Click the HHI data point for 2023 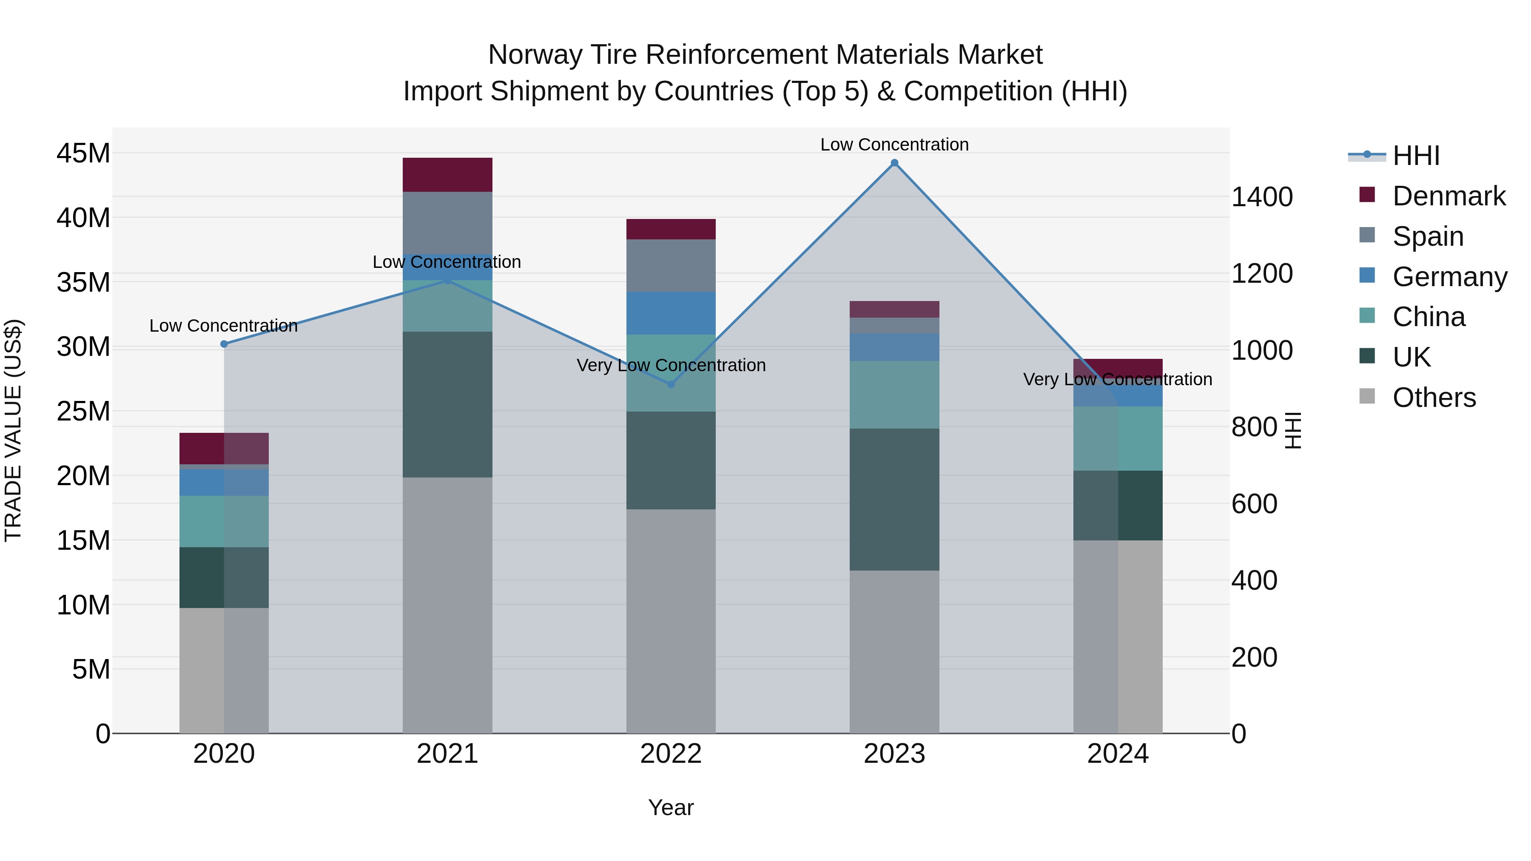click(x=894, y=163)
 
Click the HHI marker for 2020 click(x=224, y=344)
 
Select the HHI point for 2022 click(x=671, y=384)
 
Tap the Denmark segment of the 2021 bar click(x=447, y=175)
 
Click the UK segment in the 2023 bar click(x=894, y=499)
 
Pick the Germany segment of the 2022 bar click(x=671, y=313)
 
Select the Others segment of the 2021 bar click(x=447, y=605)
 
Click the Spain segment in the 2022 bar click(x=671, y=266)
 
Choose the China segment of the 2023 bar click(x=894, y=395)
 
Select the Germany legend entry click(x=1449, y=277)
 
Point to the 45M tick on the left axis click(x=83, y=153)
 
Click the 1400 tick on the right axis click(x=1262, y=197)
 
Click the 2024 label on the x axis click(x=1117, y=754)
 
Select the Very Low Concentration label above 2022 click(x=671, y=365)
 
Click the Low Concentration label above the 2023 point click(x=894, y=145)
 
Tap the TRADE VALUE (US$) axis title click(x=13, y=430)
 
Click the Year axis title click(x=671, y=807)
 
